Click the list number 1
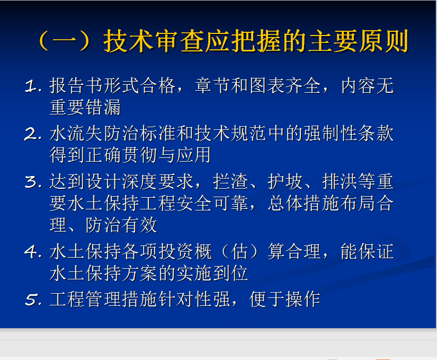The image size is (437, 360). click(33, 86)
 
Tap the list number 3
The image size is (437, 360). click(33, 181)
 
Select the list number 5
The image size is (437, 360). click(33, 300)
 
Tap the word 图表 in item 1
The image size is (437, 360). click(258, 85)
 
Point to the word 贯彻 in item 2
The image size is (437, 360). click(140, 155)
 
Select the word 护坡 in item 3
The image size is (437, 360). click(285, 181)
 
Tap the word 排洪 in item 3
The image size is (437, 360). click(340, 181)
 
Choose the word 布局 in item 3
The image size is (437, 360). click(358, 203)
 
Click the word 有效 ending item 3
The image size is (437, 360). click(140, 225)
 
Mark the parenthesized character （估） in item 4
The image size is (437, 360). click(239, 251)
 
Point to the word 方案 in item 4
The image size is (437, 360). click(140, 273)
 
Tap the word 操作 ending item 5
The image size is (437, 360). click(303, 300)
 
